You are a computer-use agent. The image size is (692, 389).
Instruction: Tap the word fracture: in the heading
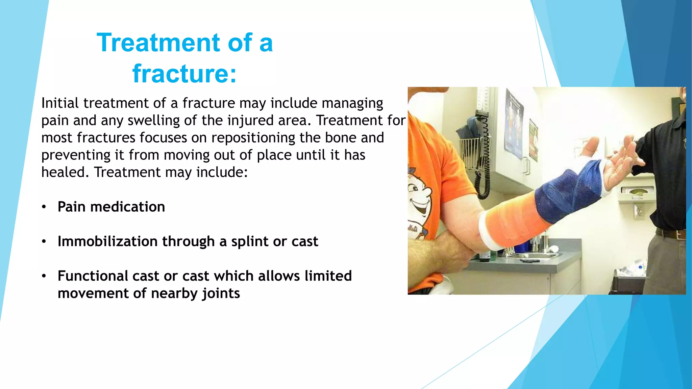click(x=184, y=74)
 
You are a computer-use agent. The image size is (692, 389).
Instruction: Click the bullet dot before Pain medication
click(x=44, y=207)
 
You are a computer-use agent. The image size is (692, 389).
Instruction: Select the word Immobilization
click(x=107, y=241)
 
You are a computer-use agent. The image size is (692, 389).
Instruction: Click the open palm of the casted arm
click(x=618, y=169)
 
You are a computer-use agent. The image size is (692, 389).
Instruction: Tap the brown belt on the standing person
click(x=671, y=234)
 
